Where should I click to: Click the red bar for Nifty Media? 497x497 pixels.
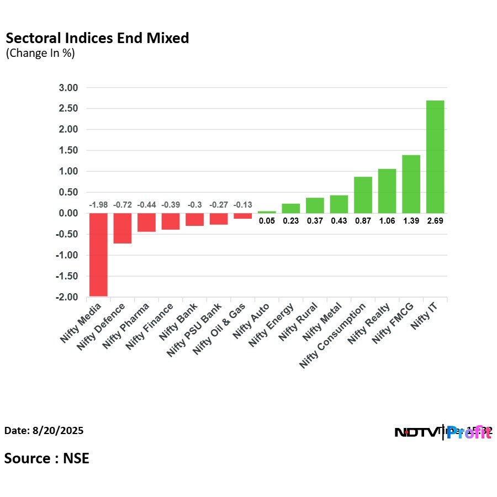coord(98,255)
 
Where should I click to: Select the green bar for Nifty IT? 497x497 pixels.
coord(435,157)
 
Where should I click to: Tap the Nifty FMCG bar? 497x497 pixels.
coord(411,184)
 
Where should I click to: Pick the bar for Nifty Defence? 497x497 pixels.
coord(123,228)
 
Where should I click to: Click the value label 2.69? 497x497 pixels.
coord(435,220)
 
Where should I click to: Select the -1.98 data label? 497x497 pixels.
coord(98,205)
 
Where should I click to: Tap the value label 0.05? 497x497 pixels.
coord(267,220)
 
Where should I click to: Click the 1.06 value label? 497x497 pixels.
coord(387,220)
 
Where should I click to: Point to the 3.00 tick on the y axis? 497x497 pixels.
coord(68,88)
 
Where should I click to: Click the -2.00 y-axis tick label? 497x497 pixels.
coord(67,297)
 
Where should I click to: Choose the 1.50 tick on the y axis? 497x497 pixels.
coord(68,151)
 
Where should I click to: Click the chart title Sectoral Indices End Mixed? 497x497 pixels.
coord(97,38)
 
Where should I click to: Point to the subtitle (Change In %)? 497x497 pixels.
coord(40,54)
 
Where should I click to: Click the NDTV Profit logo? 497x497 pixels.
coord(443,432)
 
